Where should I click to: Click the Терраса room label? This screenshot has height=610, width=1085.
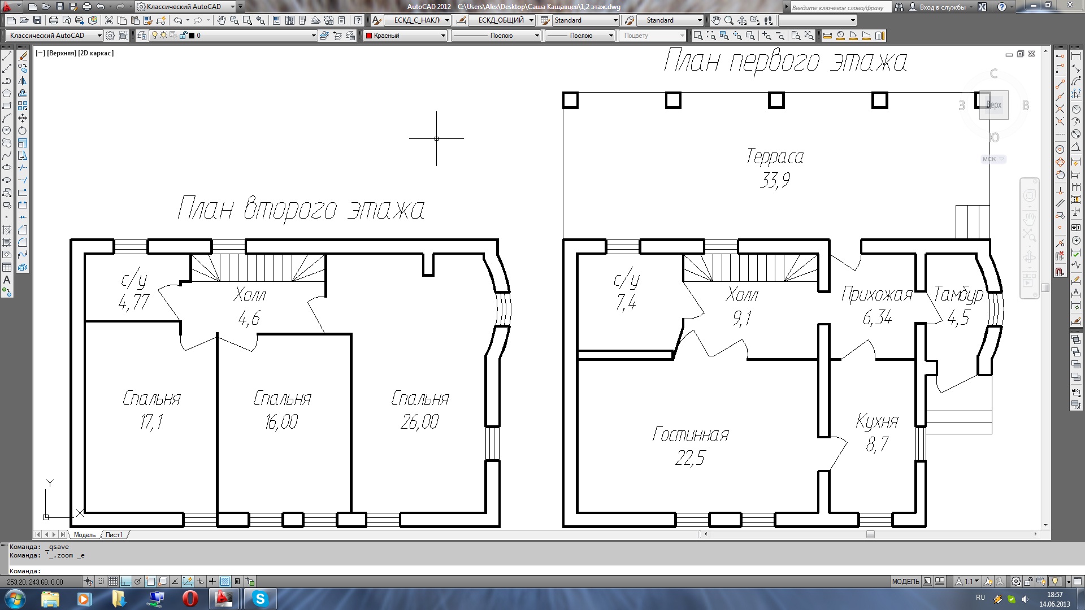click(x=775, y=156)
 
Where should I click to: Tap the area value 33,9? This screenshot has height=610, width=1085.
click(x=775, y=180)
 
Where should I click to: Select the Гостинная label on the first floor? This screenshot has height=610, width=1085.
click(x=691, y=434)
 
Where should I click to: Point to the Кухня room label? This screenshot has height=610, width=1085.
click(x=877, y=421)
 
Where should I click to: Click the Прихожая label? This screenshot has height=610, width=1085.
click(x=877, y=294)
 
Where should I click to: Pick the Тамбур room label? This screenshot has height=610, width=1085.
click(x=958, y=294)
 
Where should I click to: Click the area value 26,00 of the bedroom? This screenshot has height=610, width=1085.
click(x=419, y=421)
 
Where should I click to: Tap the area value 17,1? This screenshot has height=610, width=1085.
click(x=151, y=421)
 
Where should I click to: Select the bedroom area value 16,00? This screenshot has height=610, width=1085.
click(x=281, y=421)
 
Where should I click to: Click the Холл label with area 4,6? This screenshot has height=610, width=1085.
click(x=250, y=295)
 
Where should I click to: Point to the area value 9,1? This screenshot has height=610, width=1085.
click(x=742, y=319)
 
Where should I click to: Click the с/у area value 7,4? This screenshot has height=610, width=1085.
click(x=626, y=303)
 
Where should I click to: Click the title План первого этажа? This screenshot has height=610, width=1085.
click(x=785, y=61)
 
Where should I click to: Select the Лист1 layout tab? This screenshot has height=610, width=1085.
click(x=114, y=535)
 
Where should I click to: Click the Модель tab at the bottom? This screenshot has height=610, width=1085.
click(x=85, y=535)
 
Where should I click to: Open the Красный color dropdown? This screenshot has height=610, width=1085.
click(x=405, y=36)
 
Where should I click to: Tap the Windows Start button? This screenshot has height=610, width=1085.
click(x=15, y=599)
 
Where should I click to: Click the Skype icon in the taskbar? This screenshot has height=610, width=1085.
click(x=260, y=599)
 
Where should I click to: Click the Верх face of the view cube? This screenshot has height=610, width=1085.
click(x=993, y=105)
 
